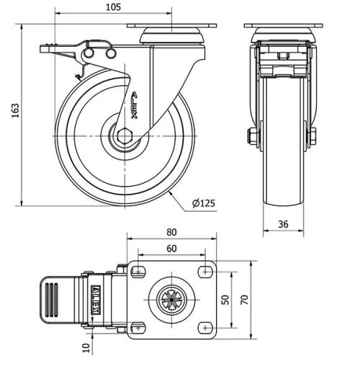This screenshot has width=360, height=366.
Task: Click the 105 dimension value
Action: pos(113,6)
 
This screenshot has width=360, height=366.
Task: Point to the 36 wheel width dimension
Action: pos(283,224)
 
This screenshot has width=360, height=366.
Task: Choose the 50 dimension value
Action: pos(225,298)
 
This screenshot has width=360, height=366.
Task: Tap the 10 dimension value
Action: pos(87,349)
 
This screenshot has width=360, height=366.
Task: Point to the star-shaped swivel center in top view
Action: pos(172,298)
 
